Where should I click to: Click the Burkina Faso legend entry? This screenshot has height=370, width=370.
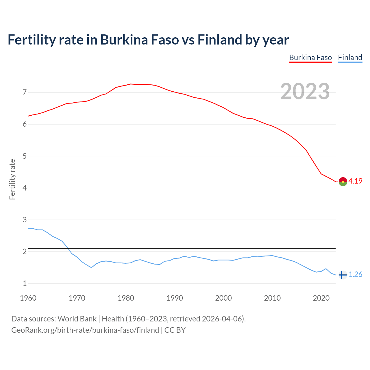coord(310,58)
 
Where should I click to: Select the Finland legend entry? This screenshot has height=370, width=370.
coord(350,58)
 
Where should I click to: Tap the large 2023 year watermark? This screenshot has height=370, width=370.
coord(305,91)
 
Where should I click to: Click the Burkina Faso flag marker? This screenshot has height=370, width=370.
coord(343,182)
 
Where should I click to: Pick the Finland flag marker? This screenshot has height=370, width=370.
coord(343,275)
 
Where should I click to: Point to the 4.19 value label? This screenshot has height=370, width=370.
coord(355,181)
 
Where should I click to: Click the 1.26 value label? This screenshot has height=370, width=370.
coord(355,275)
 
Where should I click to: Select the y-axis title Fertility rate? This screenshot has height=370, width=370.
coord(12,179)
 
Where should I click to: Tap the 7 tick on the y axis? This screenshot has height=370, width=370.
coord(25,92)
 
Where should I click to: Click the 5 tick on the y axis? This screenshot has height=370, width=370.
coord(25,156)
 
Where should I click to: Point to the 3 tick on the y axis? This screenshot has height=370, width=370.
coord(25,220)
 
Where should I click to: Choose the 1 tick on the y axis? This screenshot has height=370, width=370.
coord(25,283)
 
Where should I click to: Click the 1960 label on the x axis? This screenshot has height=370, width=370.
coord(28,298)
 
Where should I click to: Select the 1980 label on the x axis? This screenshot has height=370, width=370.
coord(126,298)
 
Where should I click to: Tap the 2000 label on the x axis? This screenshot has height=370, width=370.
coord(223,298)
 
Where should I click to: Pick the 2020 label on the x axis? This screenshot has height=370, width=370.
coord(321,298)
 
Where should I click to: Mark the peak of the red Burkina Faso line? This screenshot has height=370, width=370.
coord(130,84)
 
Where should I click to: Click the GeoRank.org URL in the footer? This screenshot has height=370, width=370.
coord(85,330)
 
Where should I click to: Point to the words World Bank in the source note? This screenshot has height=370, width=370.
coord(77,319)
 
